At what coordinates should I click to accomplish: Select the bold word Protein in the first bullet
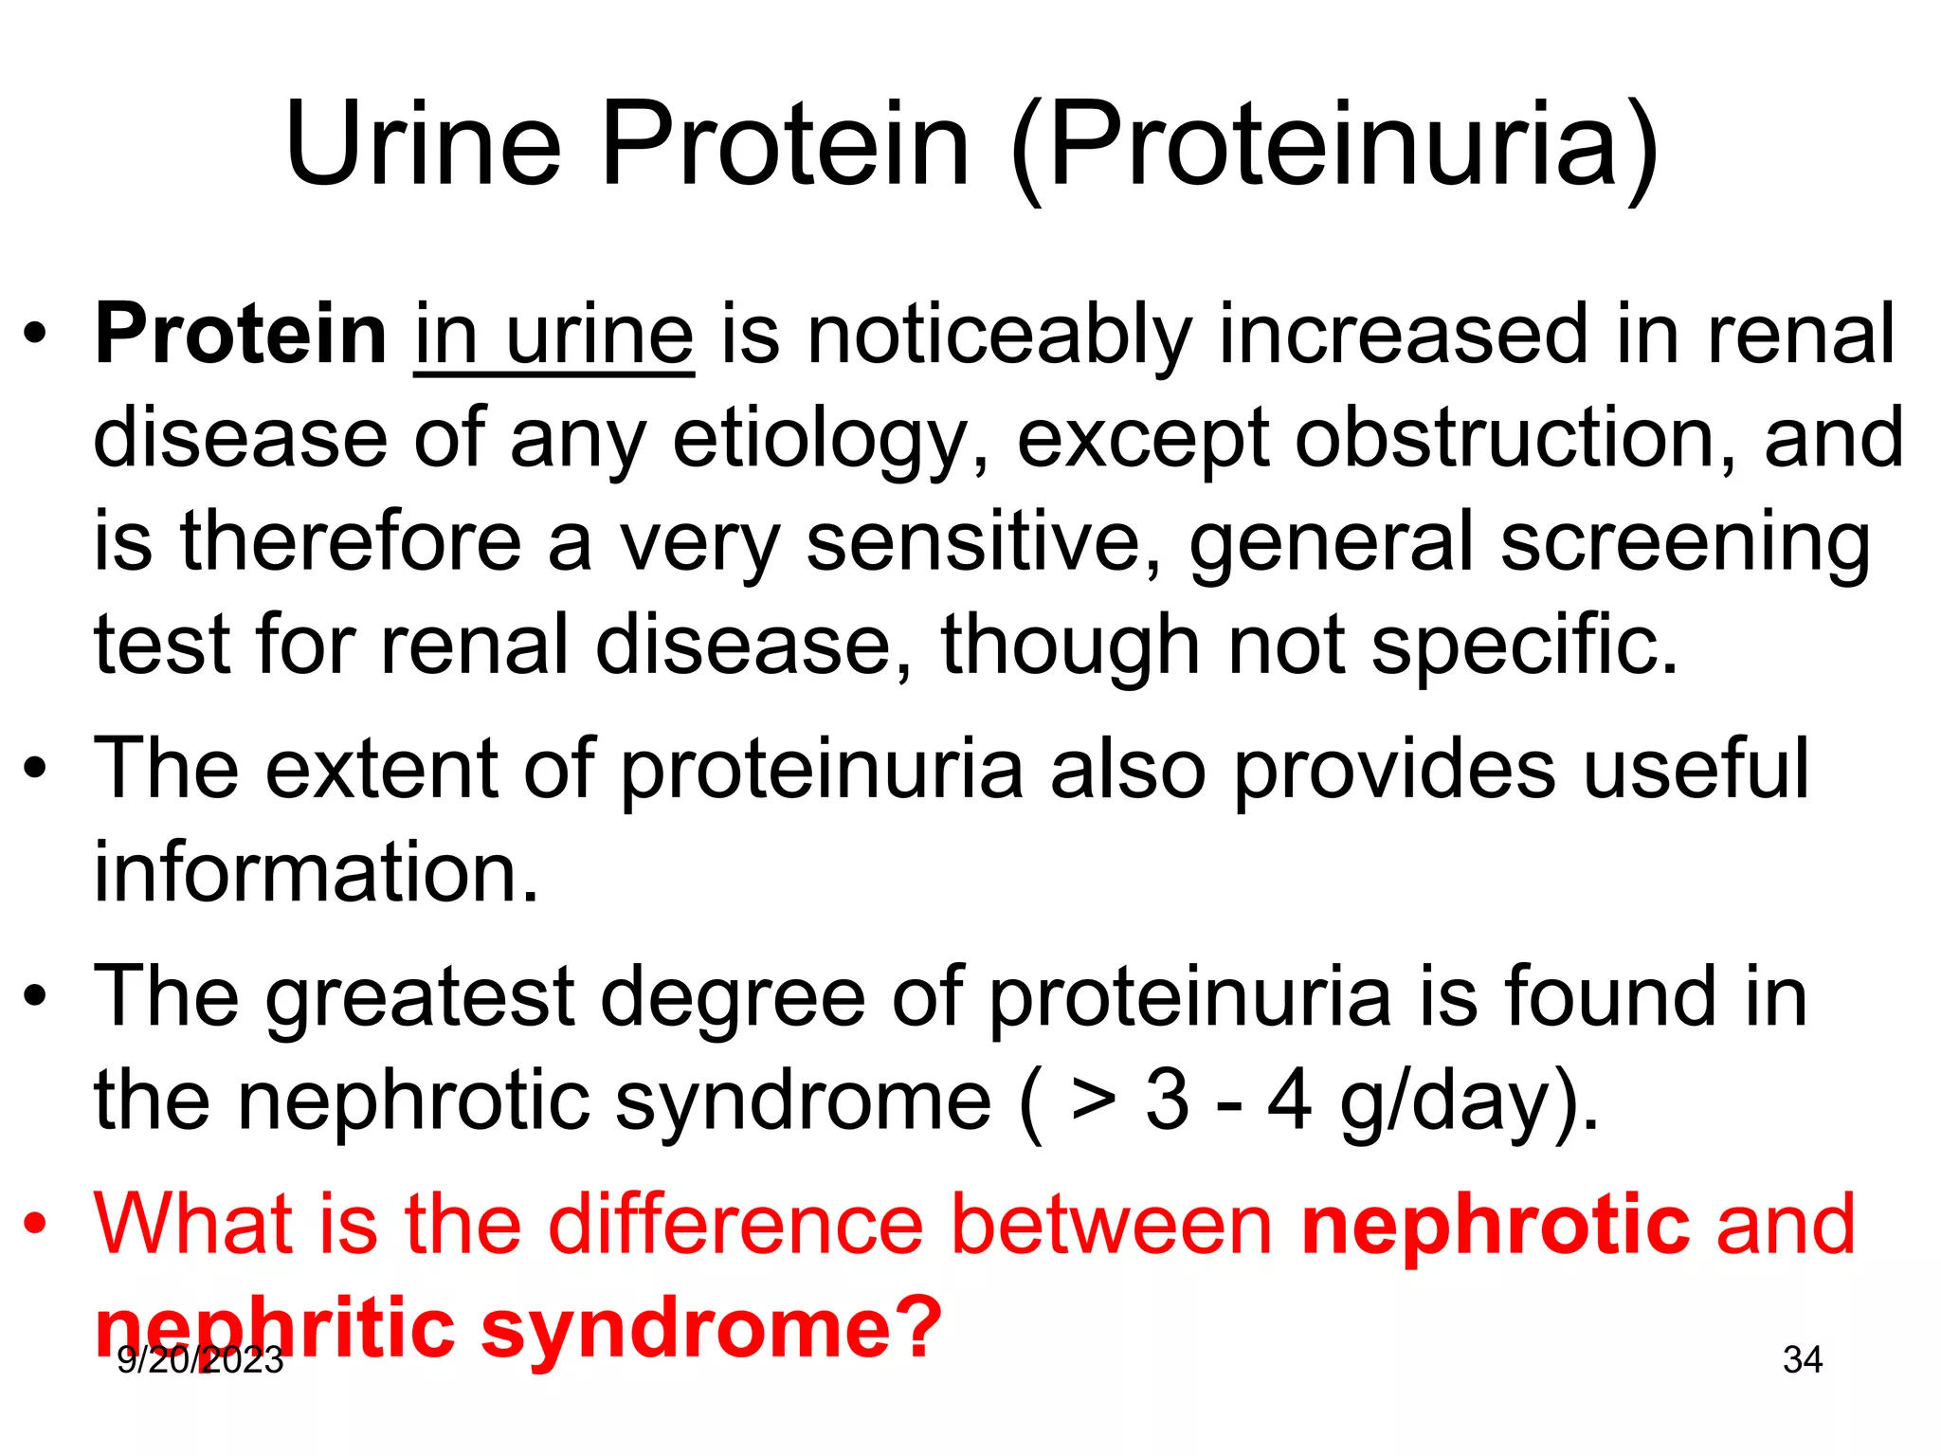241,334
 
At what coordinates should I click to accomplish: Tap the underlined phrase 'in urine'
553,334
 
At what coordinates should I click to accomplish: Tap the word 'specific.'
1525,646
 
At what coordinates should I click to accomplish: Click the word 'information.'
317,872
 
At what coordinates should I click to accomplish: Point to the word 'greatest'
420,998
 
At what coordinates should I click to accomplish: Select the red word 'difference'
735,1224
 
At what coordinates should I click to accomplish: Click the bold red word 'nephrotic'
1496,1226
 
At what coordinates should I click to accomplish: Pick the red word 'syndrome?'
712,1328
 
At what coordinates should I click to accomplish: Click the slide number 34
1802,1359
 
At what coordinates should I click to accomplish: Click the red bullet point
36,1224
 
